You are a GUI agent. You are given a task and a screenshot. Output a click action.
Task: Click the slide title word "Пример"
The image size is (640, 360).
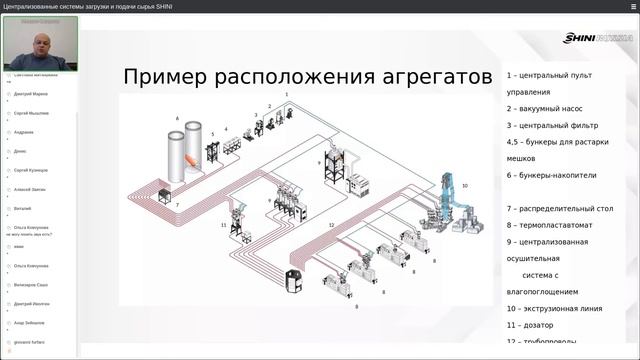(x=165, y=78)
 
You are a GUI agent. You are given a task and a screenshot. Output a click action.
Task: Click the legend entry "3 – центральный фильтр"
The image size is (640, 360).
(x=552, y=125)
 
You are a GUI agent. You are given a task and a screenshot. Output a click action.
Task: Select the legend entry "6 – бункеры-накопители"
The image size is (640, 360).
(x=551, y=175)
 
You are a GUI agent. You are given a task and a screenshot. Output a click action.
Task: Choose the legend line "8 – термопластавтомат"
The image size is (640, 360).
(x=550, y=225)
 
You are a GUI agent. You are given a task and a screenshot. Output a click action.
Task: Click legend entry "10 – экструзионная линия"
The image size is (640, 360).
(x=558, y=308)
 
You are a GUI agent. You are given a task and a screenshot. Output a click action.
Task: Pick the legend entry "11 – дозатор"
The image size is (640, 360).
(x=533, y=325)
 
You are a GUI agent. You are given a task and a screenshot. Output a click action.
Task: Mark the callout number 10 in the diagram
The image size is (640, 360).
(x=465, y=186)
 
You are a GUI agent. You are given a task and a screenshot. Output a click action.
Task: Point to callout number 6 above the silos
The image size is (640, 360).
(x=178, y=119)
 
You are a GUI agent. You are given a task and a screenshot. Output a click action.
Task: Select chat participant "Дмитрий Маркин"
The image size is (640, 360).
(x=30, y=94)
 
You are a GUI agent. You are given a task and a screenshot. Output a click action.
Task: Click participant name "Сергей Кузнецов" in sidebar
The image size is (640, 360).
(x=32, y=170)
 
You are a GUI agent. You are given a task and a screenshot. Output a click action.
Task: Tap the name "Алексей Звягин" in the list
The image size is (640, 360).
(x=30, y=189)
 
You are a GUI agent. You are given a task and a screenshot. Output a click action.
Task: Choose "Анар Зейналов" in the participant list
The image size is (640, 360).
(x=30, y=322)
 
